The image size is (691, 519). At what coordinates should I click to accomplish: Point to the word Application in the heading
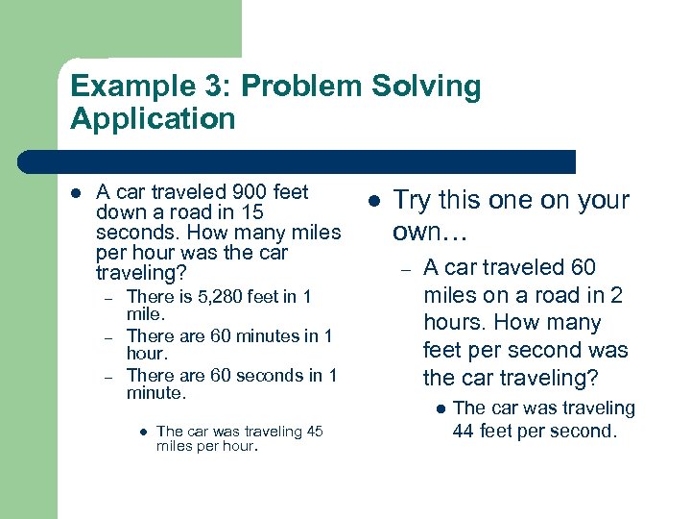(x=153, y=119)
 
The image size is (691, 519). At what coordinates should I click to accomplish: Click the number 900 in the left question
(x=232, y=191)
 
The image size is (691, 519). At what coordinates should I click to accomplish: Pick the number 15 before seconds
(x=251, y=212)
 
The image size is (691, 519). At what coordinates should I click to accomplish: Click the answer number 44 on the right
(x=464, y=431)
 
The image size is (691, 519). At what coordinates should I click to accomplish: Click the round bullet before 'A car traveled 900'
(x=77, y=192)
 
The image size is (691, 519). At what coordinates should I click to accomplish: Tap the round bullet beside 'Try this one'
(x=373, y=201)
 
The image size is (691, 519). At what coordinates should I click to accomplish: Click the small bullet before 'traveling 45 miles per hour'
(x=141, y=432)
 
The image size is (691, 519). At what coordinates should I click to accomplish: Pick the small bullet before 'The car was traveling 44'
(x=440, y=409)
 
